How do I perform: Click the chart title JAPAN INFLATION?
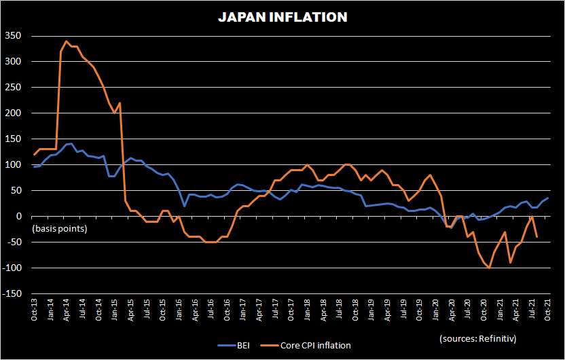[282, 18]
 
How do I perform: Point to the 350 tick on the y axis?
[13, 35]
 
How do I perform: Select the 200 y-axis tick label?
[13, 113]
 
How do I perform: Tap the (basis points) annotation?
[59, 228]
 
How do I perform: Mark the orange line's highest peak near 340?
[67, 41]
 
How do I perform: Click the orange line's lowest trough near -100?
[489, 268]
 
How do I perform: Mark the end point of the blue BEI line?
[548, 198]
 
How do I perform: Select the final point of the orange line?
[537, 237]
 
